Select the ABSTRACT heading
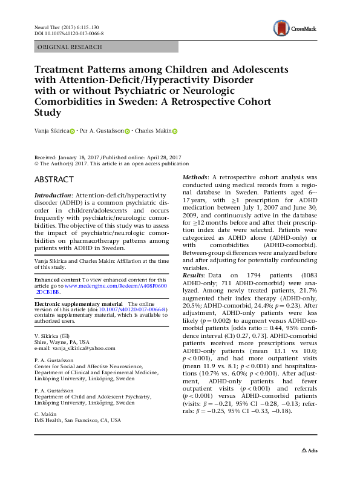54,180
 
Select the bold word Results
195,292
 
